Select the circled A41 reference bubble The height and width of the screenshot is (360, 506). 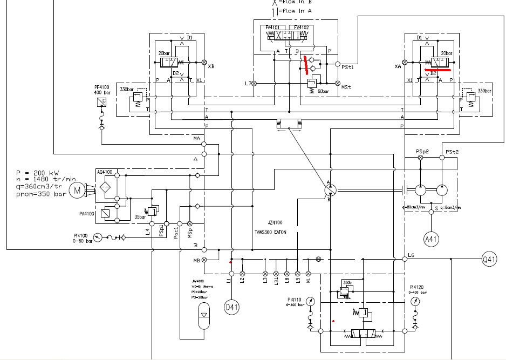click(x=430, y=239)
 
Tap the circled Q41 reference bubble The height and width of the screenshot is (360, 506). click(x=489, y=260)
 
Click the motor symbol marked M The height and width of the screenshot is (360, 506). click(x=77, y=190)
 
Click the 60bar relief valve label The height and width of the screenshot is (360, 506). click(x=323, y=91)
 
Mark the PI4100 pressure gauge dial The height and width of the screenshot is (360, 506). click(x=97, y=236)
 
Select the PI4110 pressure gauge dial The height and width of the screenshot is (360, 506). click(x=310, y=301)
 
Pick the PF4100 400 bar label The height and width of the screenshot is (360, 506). click(x=102, y=89)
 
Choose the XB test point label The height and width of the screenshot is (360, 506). click(x=211, y=67)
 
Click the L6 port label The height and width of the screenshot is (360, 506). click(x=411, y=255)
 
